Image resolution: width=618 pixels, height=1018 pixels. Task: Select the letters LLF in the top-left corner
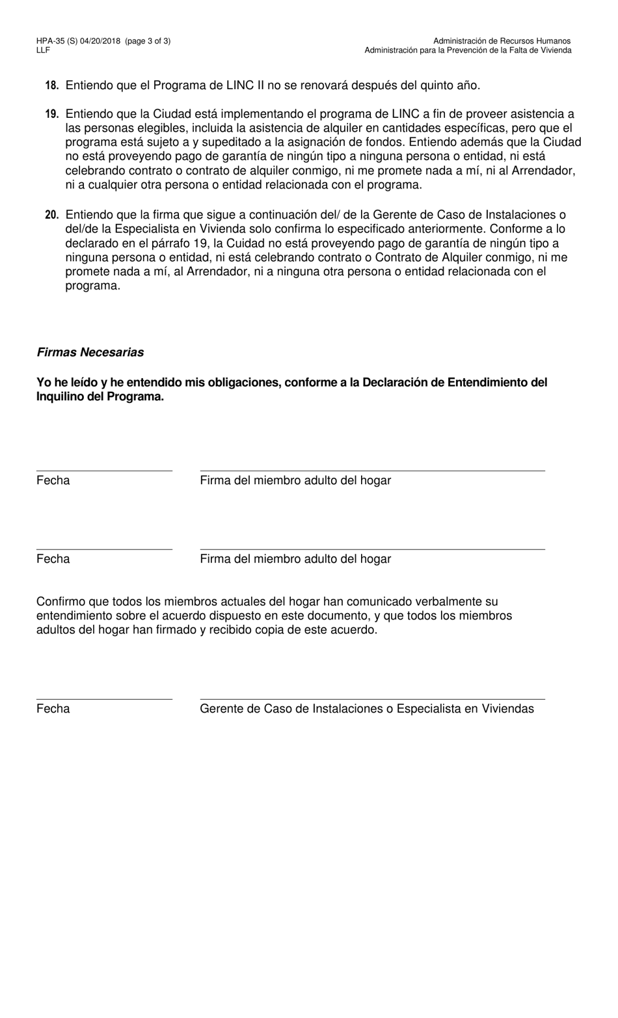coord(43,50)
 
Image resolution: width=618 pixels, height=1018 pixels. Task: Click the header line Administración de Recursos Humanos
coord(502,41)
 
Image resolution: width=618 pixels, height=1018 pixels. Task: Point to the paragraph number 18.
coord(52,85)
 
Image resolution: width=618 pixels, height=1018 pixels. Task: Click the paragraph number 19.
coord(52,114)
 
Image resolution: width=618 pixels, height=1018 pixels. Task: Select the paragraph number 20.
coord(52,215)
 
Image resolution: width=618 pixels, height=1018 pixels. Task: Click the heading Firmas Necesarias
coord(90,352)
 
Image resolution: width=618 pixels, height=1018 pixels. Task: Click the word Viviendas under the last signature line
coord(507,709)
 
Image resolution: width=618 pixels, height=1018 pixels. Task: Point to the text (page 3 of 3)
coord(149,41)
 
